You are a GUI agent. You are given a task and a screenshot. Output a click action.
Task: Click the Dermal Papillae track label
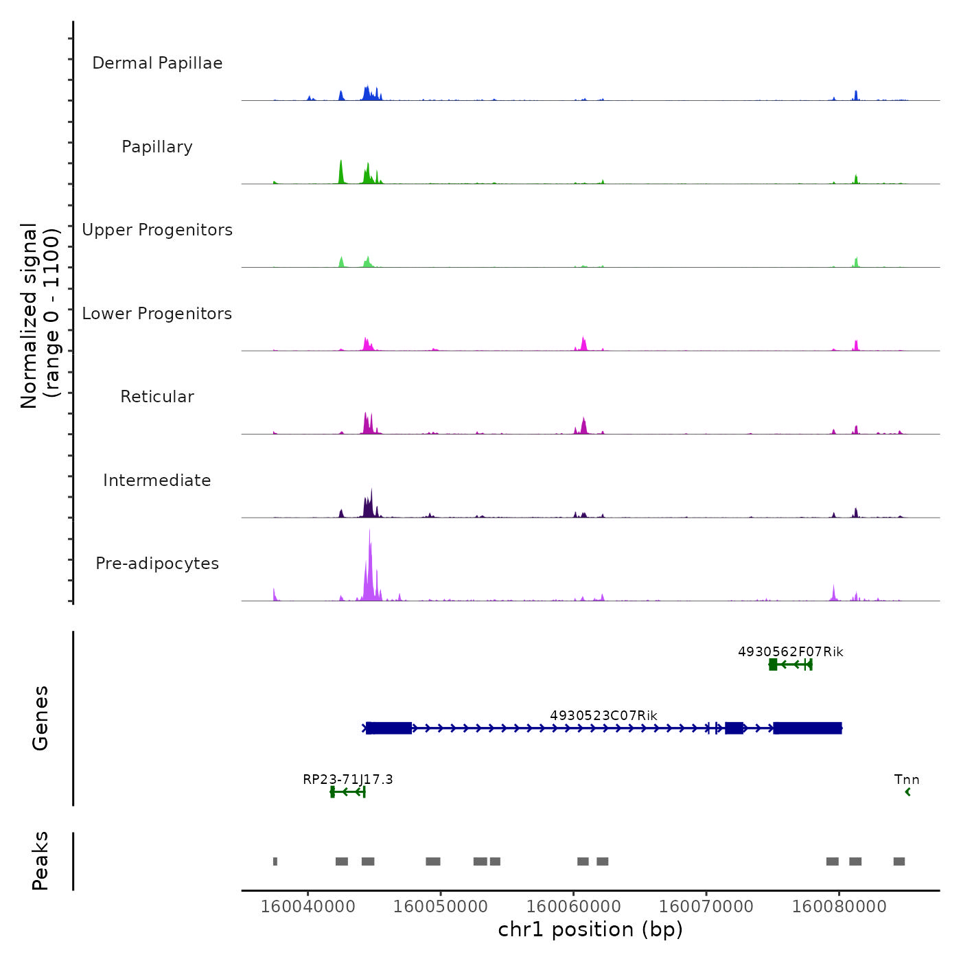(157, 63)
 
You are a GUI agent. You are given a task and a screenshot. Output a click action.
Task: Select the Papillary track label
(157, 147)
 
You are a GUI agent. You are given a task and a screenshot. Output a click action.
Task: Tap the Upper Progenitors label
(157, 230)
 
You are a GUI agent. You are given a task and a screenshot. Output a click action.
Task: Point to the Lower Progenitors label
(157, 314)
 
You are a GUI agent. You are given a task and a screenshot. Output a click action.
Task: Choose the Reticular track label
(157, 397)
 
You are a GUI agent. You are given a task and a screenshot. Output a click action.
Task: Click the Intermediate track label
(157, 480)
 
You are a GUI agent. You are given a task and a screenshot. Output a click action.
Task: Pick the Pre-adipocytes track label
(157, 564)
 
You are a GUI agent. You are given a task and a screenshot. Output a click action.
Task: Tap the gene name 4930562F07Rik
(790, 651)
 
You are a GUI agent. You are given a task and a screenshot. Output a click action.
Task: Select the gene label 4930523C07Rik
(603, 716)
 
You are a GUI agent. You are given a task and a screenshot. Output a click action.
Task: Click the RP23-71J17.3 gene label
(348, 779)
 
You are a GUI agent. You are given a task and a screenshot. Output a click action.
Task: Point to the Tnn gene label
(907, 779)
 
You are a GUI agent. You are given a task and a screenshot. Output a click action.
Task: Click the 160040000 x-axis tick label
(308, 906)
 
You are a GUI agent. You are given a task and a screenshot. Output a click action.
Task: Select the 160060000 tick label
(573, 906)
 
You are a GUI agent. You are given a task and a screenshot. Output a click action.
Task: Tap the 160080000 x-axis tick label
(839, 906)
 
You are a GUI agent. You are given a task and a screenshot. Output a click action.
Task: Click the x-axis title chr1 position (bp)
(590, 929)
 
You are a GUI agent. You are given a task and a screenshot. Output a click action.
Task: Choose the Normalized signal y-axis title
(40, 316)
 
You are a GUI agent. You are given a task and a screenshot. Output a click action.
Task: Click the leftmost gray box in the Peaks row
(275, 861)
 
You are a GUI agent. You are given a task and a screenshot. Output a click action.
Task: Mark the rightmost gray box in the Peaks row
(899, 861)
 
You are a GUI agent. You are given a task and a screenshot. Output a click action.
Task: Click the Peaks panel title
(40, 861)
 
